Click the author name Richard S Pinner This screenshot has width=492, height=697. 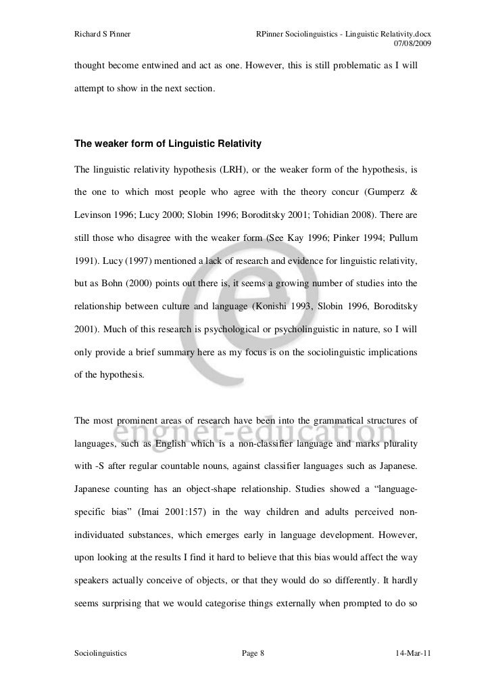102,34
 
